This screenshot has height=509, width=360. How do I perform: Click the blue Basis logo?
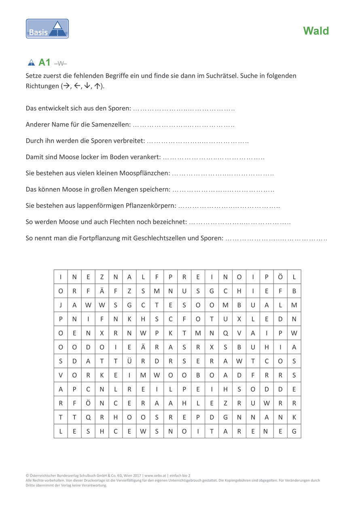(47, 29)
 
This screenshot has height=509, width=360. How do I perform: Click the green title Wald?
(316, 31)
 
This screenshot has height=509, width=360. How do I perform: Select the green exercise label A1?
(44, 62)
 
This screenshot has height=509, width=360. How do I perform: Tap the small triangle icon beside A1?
(31, 63)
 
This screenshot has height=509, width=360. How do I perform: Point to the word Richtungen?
(42, 86)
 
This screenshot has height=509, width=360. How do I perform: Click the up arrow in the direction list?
(97, 86)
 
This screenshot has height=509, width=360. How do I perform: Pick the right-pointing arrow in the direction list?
(65, 86)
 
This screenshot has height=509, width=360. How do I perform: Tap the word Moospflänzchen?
(144, 173)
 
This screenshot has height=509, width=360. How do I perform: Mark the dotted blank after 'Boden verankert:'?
(214, 157)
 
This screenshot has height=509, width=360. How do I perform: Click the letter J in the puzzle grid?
(61, 305)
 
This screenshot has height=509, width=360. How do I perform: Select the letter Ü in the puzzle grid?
(129, 361)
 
